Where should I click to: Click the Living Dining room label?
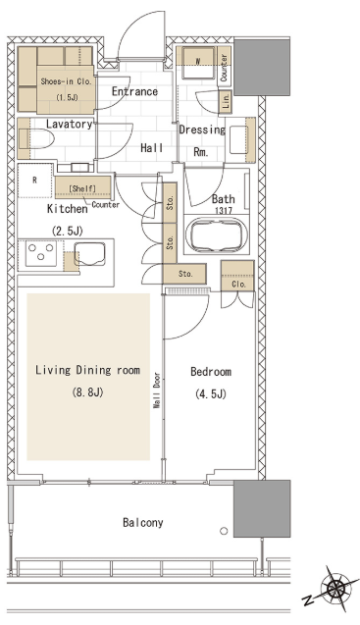(x=87, y=370)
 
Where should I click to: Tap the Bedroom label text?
(x=211, y=372)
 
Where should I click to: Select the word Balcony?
(x=142, y=523)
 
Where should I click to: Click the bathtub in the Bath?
(x=216, y=234)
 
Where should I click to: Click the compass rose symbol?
(x=336, y=587)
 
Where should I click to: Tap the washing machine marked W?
(x=198, y=63)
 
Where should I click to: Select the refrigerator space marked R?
(x=35, y=181)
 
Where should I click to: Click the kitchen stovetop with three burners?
(x=40, y=253)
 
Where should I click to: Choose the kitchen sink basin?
(x=90, y=254)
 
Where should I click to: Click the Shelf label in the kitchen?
(x=82, y=188)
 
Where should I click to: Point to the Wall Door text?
(x=157, y=391)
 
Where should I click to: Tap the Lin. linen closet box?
(x=226, y=102)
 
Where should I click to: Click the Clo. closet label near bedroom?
(x=238, y=285)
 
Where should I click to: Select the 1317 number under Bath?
(x=224, y=210)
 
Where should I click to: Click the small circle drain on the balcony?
(x=224, y=531)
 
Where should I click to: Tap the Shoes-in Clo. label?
(x=66, y=81)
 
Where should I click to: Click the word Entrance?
(x=134, y=91)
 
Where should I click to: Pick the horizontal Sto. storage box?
(x=184, y=274)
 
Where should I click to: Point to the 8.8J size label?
(x=87, y=392)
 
